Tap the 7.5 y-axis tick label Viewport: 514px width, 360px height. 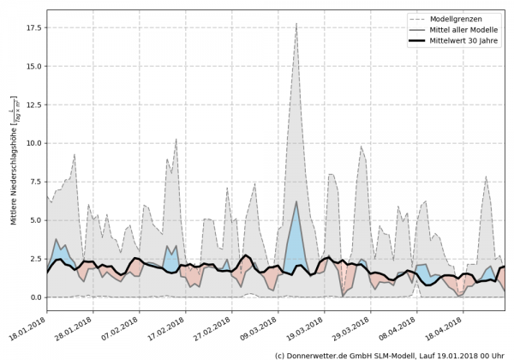pyautogui.click(x=33, y=182)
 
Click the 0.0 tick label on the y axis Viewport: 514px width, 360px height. pyautogui.click(x=33, y=297)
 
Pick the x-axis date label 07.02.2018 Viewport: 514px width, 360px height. pyautogui.click(x=119, y=325)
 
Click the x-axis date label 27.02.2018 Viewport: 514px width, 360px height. pyautogui.click(x=208, y=325)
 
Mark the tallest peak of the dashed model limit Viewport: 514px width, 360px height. pyautogui.click(x=296, y=24)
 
